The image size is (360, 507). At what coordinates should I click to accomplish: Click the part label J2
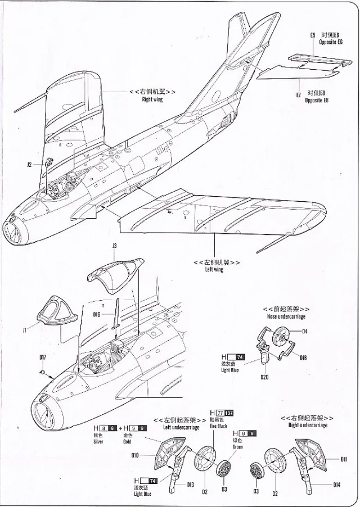coord(29,165)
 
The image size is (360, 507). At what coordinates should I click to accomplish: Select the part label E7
coord(299,95)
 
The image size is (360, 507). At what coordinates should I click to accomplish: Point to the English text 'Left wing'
coord(214,270)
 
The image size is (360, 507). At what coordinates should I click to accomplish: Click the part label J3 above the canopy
coord(114,246)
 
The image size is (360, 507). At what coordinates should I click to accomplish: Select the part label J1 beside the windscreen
coord(25,331)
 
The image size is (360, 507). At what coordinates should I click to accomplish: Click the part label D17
coord(42,357)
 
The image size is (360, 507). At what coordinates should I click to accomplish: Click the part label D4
coord(304,332)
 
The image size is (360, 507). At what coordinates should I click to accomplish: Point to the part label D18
coord(304,357)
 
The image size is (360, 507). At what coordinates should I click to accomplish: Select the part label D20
coord(264,377)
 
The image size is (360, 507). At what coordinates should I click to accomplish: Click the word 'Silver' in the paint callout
coord(98,441)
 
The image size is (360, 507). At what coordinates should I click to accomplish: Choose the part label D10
coord(135,456)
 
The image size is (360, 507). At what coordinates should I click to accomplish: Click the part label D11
coord(344,459)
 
